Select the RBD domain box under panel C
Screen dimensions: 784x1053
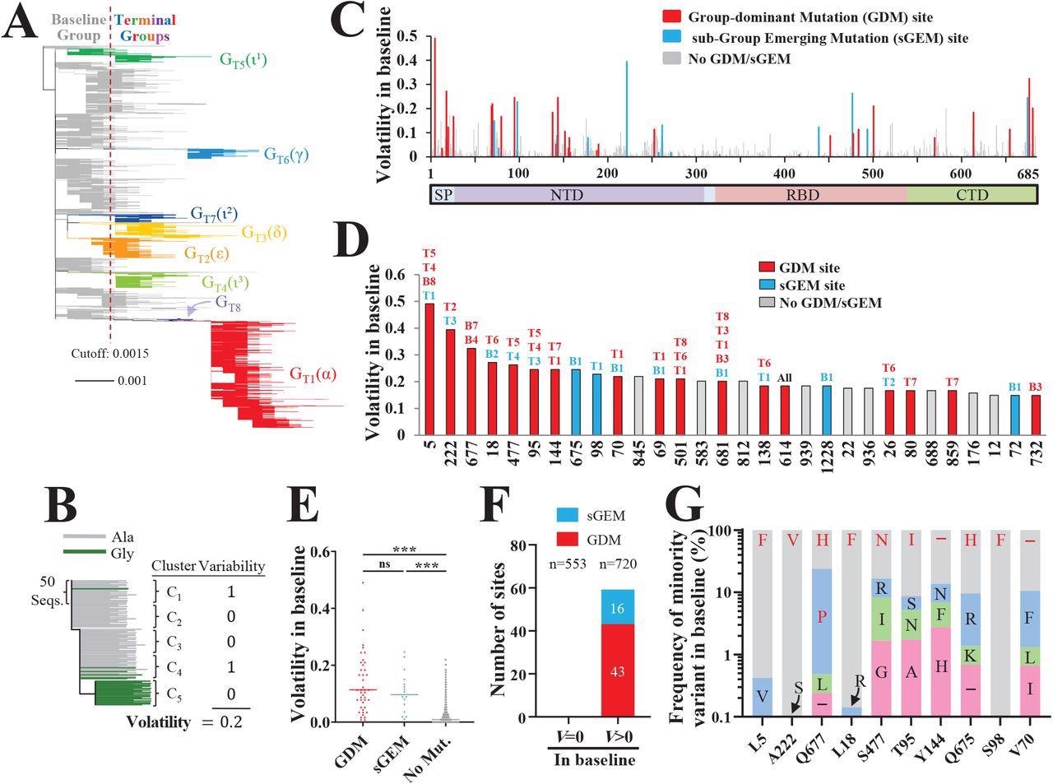(810, 195)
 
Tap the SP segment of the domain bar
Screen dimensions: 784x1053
(443, 195)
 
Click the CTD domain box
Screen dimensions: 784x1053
(971, 195)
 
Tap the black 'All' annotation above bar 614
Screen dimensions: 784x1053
(785, 378)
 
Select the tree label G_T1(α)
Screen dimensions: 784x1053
(313, 374)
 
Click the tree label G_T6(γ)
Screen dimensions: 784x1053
(285, 154)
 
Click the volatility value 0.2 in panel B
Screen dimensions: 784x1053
(230, 721)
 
